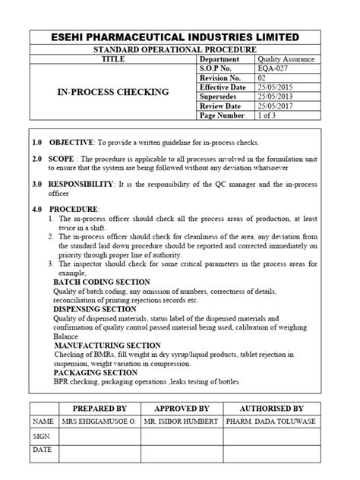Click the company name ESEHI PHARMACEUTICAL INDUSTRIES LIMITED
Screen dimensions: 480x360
tap(179, 37)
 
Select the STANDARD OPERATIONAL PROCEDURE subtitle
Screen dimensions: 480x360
tap(179, 49)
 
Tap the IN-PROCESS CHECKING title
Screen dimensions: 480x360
tap(113, 92)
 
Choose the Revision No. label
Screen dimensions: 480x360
tap(221, 77)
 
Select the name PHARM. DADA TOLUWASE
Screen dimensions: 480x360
tap(271, 420)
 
